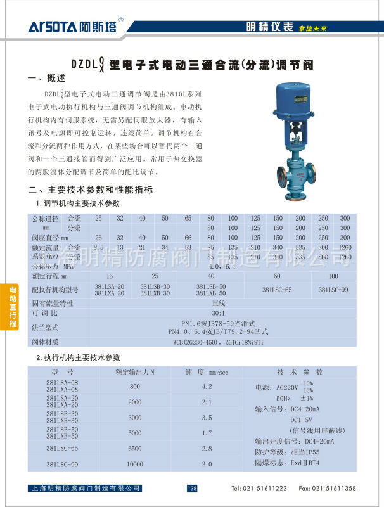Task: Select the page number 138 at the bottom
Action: coord(193,488)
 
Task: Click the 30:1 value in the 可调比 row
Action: coord(218,313)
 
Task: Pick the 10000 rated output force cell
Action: coord(135,464)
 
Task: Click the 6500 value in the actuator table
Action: coord(135,448)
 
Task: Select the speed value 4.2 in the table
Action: coord(207,386)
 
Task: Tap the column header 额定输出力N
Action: coord(135,371)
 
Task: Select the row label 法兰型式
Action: coord(45,327)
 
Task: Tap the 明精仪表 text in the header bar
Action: coord(269,27)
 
